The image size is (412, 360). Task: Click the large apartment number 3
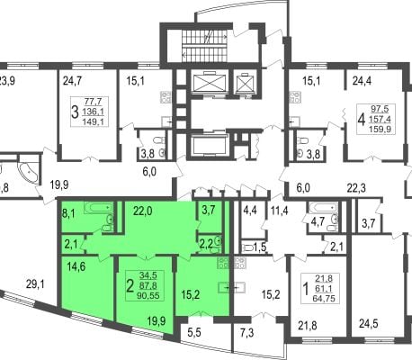[x=75, y=112]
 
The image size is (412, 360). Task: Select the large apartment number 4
[x=362, y=120]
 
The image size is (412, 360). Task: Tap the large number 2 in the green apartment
[x=130, y=286]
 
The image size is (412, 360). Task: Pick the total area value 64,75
[x=324, y=299]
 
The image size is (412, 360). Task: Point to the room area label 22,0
[x=143, y=211]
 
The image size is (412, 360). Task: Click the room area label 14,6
[x=75, y=266]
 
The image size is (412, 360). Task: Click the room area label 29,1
[x=35, y=283]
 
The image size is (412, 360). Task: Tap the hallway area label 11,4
[x=279, y=211]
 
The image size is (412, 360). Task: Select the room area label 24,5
[x=369, y=324]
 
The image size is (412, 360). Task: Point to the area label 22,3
[x=356, y=189]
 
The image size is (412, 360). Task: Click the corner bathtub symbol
[x=29, y=175]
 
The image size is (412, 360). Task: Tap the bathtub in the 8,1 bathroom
[x=98, y=208]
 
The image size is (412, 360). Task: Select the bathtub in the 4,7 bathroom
[x=323, y=207]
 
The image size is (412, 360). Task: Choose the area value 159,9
[x=381, y=130]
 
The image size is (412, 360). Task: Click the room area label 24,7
[x=72, y=81]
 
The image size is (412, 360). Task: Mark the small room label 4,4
[x=250, y=211]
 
